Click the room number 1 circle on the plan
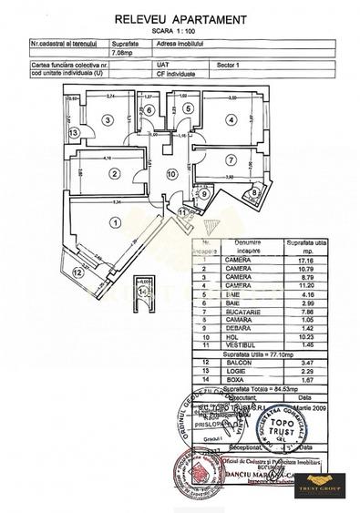point(114,221)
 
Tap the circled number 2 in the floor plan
point(114,174)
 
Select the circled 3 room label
point(107,118)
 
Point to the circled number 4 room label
point(231,118)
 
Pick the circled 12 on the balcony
point(78,272)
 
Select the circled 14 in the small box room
point(147,295)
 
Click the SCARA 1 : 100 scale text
point(179,32)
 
